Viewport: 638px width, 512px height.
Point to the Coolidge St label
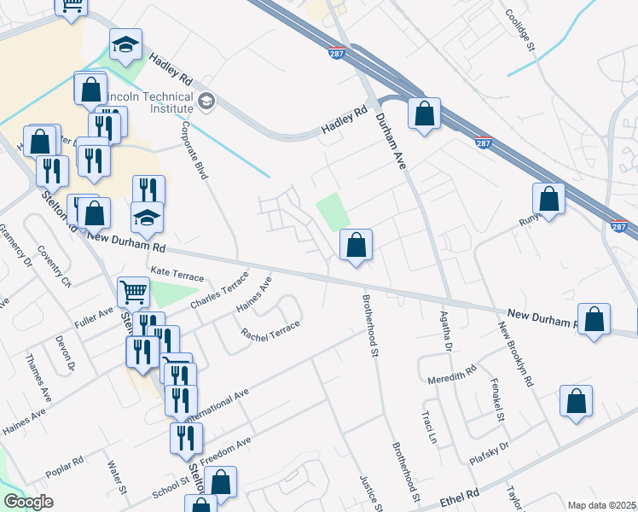click(x=519, y=32)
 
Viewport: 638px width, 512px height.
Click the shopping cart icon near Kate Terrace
click(x=134, y=293)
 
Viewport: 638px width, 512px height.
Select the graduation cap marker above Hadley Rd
click(x=125, y=45)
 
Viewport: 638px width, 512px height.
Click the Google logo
click(x=28, y=502)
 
